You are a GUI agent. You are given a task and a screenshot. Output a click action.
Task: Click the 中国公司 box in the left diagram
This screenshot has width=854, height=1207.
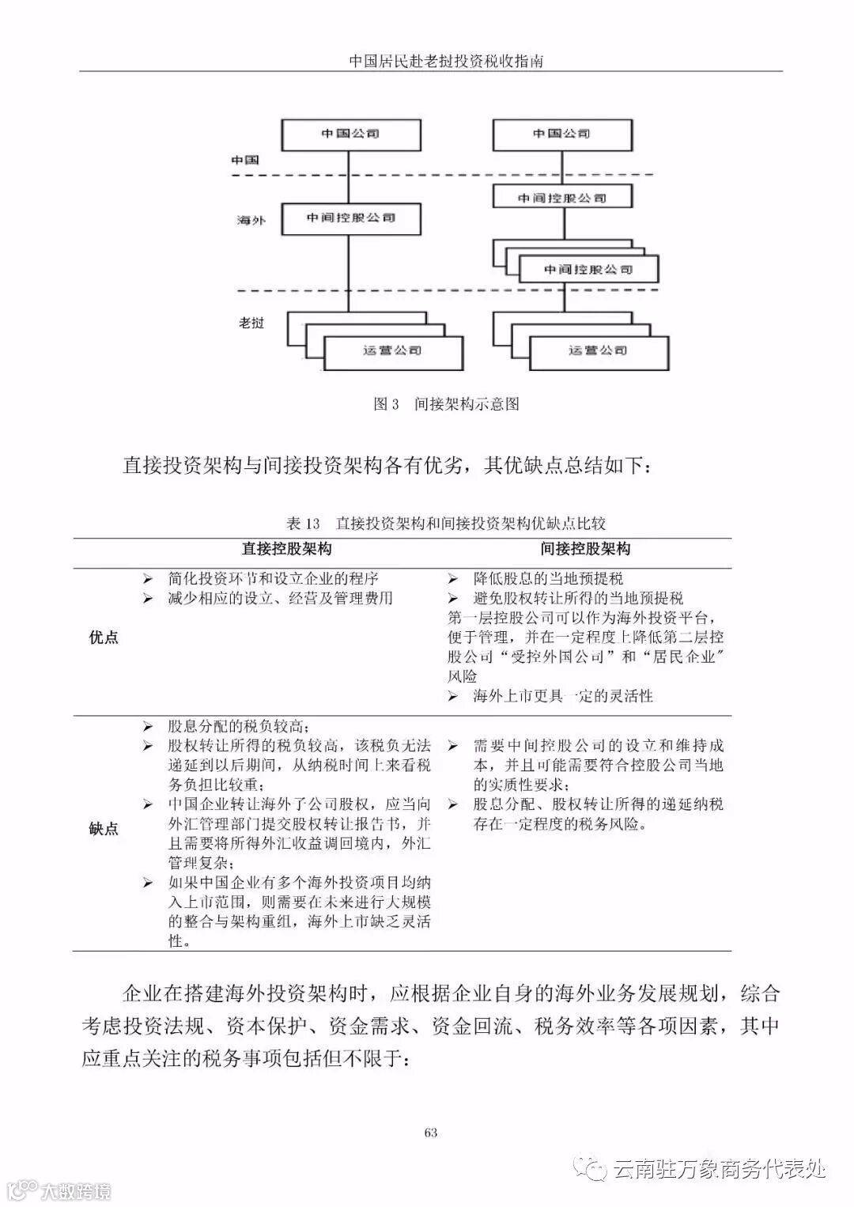click(350, 134)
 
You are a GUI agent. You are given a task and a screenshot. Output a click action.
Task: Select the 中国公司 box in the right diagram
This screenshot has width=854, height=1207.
click(561, 134)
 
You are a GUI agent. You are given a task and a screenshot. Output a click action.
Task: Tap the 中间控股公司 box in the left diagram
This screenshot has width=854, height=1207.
click(350, 218)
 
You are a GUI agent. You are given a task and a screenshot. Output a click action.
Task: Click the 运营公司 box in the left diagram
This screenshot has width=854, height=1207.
click(393, 350)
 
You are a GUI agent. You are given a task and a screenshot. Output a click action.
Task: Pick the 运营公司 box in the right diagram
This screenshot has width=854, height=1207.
click(599, 350)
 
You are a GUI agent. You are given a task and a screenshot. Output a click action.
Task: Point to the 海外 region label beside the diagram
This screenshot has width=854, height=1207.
click(251, 220)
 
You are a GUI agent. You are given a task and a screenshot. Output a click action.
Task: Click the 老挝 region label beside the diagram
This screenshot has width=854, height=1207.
click(251, 323)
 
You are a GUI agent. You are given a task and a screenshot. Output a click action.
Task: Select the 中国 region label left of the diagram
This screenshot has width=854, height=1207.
click(245, 160)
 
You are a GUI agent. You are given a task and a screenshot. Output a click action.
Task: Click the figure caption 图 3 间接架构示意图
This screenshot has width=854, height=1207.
click(446, 404)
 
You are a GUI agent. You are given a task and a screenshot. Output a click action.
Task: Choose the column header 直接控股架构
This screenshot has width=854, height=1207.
click(286, 549)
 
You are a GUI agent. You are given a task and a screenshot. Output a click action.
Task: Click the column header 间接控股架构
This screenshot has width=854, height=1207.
click(586, 549)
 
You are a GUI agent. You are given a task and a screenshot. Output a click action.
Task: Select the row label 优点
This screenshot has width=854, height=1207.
click(104, 638)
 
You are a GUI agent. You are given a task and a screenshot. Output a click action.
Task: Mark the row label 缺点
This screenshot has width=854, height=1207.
click(104, 829)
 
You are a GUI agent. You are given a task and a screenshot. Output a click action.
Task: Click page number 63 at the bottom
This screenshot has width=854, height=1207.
click(431, 1132)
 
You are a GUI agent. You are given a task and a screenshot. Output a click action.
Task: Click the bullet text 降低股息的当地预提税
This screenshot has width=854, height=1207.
click(548, 579)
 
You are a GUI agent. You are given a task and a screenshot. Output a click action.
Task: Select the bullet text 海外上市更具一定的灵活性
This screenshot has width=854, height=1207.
click(563, 696)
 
